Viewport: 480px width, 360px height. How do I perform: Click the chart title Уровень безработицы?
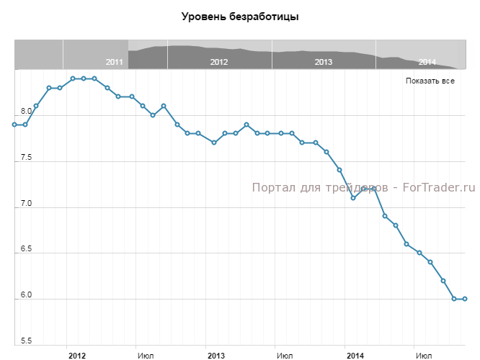(240, 16)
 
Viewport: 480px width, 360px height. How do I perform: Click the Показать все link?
(430, 81)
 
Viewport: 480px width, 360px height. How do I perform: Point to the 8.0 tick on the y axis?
(26, 112)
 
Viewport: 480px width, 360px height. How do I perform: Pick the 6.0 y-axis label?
(26, 295)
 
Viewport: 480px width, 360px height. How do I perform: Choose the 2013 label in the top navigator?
(324, 62)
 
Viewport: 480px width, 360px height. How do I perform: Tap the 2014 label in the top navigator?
(427, 62)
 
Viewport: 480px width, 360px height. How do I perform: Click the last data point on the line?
(465, 299)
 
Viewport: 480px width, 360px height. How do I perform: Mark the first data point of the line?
(14, 125)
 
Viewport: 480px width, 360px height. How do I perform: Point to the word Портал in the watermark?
(272, 188)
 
